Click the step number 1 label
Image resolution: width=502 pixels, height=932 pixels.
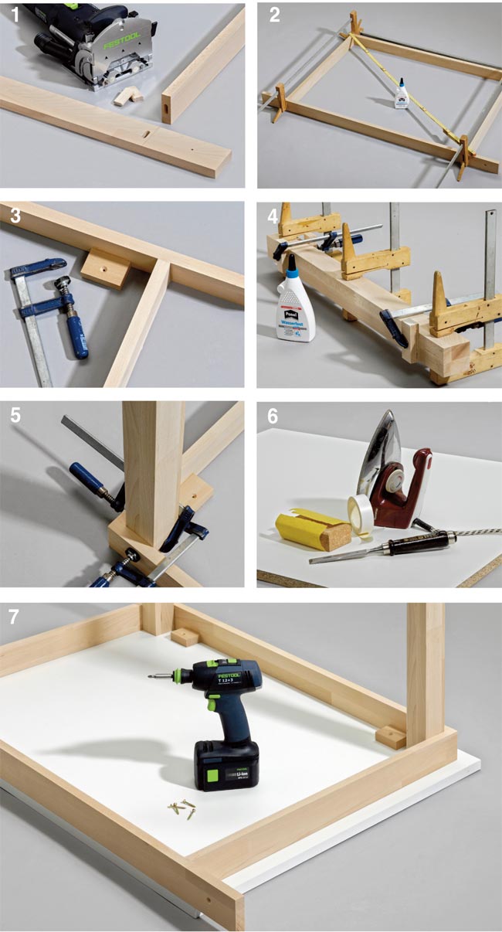[12, 15]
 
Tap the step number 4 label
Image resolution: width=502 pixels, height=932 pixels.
[272, 214]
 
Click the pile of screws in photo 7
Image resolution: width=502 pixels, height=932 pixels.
[181, 809]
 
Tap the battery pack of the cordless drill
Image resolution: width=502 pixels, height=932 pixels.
[226, 764]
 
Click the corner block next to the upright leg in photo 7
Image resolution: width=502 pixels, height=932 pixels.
[390, 736]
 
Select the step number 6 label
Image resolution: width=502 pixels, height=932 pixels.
[272, 415]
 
